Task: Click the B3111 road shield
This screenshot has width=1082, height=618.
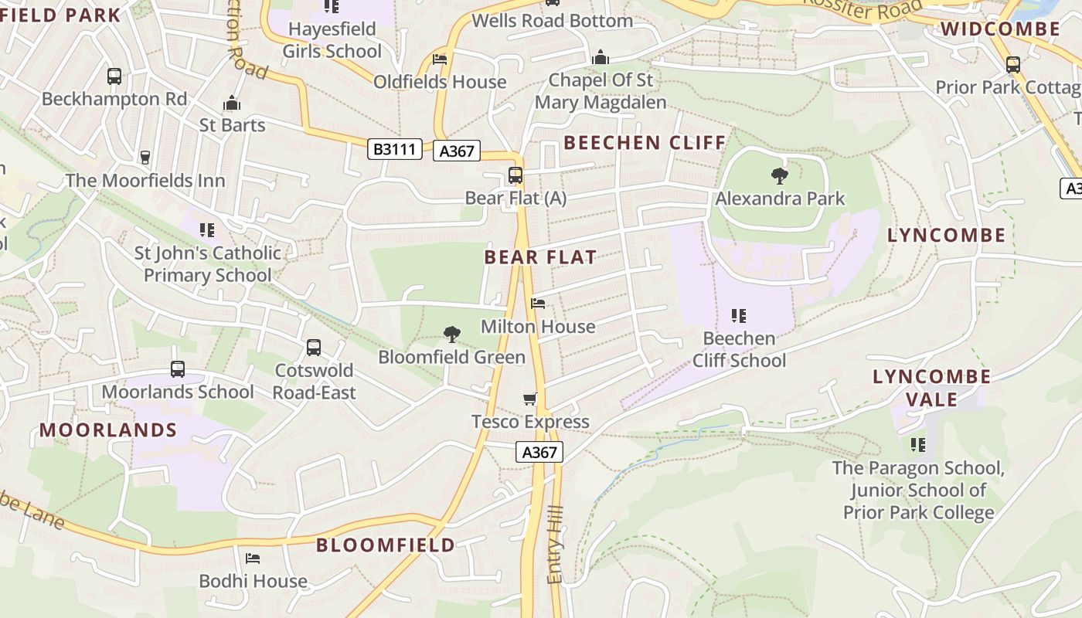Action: (x=394, y=149)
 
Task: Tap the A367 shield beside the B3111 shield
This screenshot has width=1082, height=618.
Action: (x=457, y=151)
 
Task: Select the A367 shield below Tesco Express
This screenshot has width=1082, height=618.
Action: (x=539, y=452)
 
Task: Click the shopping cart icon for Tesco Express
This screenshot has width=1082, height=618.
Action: (x=529, y=399)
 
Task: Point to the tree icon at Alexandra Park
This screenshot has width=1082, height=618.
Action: (x=780, y=176)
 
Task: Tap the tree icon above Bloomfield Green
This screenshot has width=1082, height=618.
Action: (x=451, y=334)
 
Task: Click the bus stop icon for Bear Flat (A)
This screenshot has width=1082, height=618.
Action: (x=515, y=175)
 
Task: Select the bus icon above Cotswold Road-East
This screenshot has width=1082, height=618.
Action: (x=314, y=348)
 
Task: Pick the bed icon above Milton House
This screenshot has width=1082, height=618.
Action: (x=538, y=304)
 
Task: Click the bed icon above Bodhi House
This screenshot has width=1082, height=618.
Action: (x=253, y=558)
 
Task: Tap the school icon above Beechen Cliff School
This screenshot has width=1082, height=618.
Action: (x=738, y=315)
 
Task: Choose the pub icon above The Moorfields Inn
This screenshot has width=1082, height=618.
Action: (x=145, y=158)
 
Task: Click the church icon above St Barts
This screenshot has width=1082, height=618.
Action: (x=232, y=103)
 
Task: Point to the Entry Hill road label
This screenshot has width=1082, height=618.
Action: (x=556, y=545)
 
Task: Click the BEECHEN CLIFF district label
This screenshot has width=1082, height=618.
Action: (x=645, y=143)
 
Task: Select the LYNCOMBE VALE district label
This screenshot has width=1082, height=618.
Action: (x=931, y=388)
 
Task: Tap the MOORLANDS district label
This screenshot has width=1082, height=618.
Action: (x=108, y=430)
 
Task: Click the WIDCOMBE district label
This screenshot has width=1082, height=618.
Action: (x=1000, y=29)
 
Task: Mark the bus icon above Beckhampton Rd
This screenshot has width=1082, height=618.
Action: (x=114, y=76)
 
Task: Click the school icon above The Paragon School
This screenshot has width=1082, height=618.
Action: (x=918, y=444)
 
